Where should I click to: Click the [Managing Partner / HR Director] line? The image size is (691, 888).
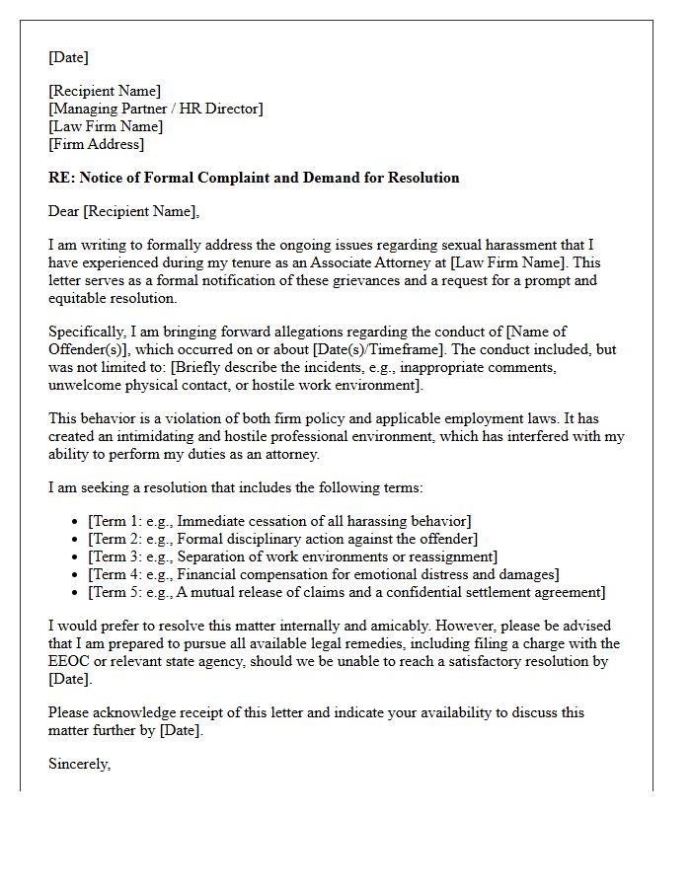pos(156,109)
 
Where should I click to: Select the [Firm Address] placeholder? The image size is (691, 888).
pos(96,144)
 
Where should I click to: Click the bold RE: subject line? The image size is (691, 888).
pos(254,178)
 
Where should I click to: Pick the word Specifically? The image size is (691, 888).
pos(86,332)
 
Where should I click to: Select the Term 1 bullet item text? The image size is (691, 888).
pos(279,521)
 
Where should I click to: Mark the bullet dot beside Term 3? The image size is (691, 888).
pos(76,557)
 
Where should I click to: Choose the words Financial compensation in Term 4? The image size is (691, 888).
pos(261,574)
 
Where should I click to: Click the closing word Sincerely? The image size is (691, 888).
pos(79,763)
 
